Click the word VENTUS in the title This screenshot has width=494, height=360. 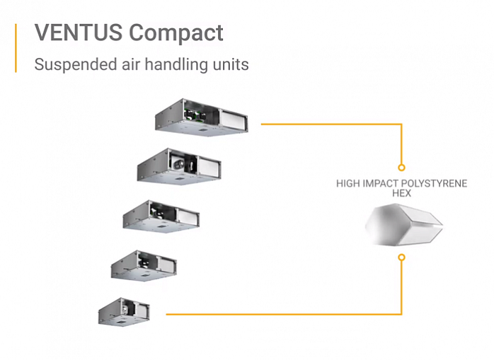point(79,32)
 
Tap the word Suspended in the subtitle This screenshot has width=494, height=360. point(76,64)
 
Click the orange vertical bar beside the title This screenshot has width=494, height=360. point(16,48)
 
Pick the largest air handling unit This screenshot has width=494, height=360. point(201,117)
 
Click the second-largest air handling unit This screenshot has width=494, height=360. point(179,166)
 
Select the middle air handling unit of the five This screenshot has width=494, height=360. point(161,216)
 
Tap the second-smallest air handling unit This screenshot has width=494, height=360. point(144,265)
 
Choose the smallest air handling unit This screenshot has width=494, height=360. point(124,311)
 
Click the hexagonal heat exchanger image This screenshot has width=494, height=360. point(404,225)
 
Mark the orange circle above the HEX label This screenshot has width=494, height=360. point(401,168)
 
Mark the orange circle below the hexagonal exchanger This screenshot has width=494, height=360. point(401,257)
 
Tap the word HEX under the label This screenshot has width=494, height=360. point(402,193)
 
